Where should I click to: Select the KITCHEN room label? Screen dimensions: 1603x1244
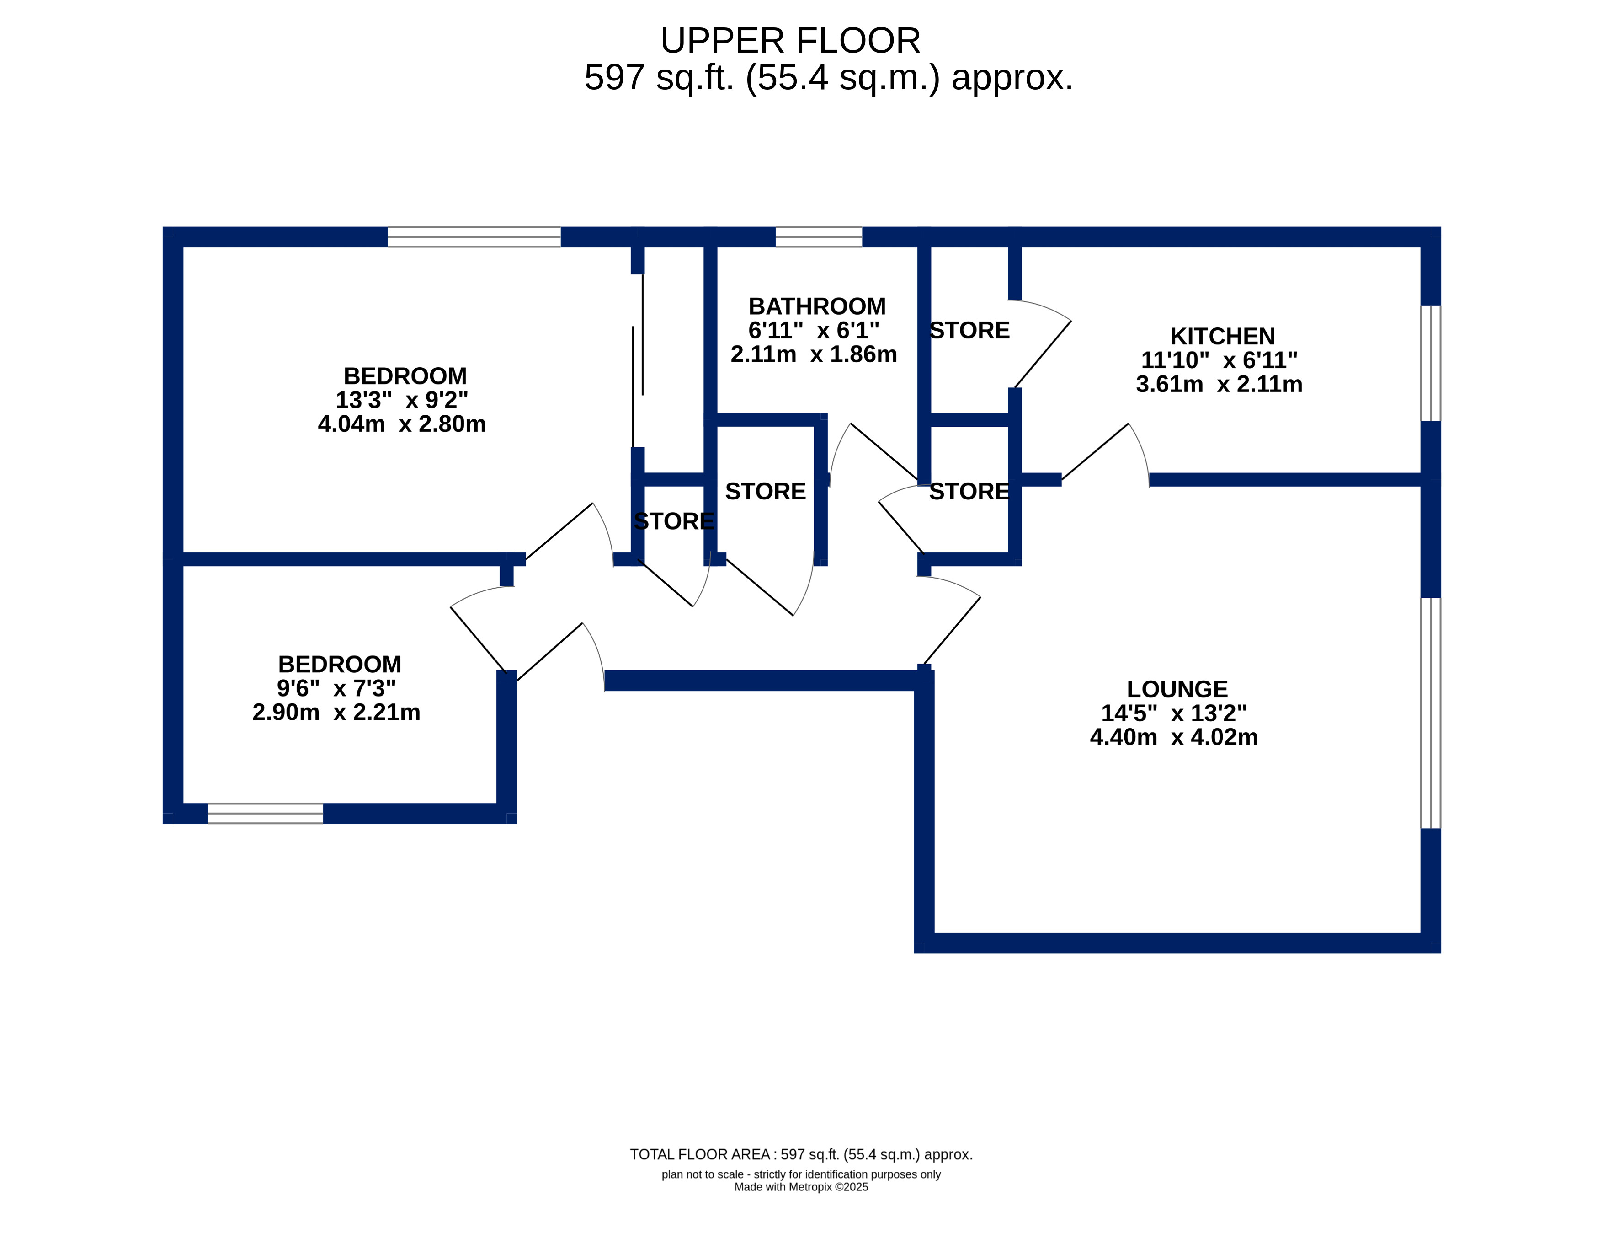[1222, 336]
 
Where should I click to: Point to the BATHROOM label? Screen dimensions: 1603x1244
[817, 306]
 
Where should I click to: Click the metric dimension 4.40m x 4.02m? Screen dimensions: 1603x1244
[1174, 737]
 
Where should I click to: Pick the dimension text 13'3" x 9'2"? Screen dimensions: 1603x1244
[401, 400]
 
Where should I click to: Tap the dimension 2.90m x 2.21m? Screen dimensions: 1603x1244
[336, 712]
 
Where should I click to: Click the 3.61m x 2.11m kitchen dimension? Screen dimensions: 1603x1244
[1219, 384]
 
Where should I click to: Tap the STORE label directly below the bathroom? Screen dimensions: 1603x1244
[766, 491]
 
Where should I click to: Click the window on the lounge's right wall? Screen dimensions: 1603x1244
[1431, 713]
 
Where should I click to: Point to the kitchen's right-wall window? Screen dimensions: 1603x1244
[1431, 363]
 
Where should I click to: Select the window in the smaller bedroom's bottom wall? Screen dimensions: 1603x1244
[266, 814]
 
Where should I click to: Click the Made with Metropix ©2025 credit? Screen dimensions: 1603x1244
[801, 1187]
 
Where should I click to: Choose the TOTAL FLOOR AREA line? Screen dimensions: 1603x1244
[801, 1154]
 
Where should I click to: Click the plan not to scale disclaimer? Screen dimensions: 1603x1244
[801, 1174]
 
